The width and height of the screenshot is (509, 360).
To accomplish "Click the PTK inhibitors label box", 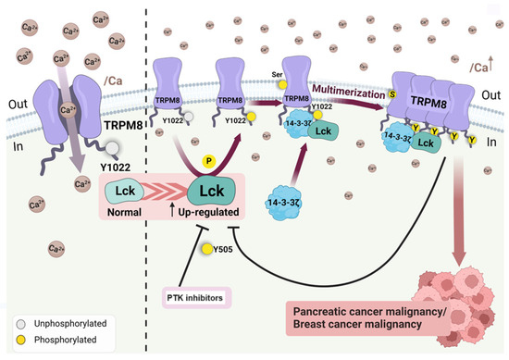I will point(193,295).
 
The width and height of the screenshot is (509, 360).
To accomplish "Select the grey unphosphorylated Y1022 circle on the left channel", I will point(112,147).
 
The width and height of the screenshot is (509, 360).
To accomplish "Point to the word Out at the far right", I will point(490,96).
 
